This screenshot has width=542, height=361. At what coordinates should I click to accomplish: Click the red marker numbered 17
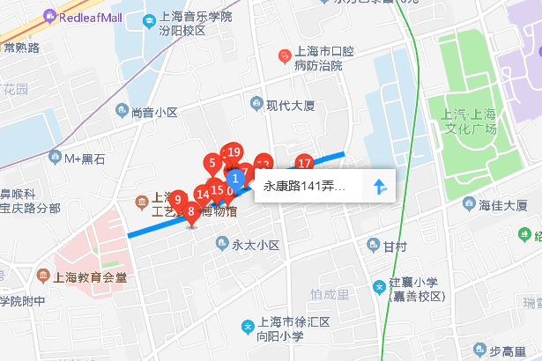(x=304, y=164)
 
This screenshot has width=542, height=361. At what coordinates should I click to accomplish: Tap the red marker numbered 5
(x=212, y=163)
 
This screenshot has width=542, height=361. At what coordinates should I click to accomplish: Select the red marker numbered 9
(x=177, y=200)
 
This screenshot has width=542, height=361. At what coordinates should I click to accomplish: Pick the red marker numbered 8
(x=190, y=210)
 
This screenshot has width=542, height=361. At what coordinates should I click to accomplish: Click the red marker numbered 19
(x=234, y=152)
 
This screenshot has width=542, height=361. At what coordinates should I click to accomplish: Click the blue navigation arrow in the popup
(x=380, y=187)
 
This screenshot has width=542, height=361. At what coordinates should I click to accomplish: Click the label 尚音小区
(x=154, y=112)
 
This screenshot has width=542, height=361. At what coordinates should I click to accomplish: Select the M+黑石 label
(x=85, y=158)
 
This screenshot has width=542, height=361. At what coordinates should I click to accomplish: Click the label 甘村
(x=395, y=245)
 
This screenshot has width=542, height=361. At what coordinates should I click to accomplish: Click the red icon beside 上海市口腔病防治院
(x=284, y=56)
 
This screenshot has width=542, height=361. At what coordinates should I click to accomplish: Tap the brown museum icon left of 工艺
(x=142, y=203)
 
